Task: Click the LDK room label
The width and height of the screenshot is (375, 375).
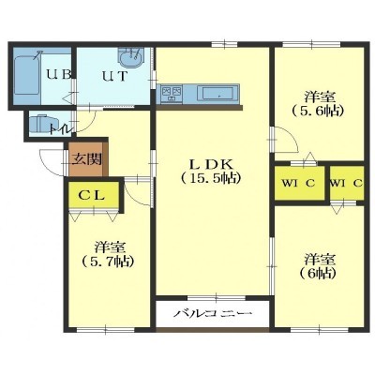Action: pyautogui.click(x=212, y=164)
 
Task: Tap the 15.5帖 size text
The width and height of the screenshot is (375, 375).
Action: pyautogui.click(x=211, y=178)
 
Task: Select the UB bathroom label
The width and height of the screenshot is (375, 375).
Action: pyautogui.click(x=59, y=74)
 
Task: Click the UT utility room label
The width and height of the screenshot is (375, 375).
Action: pyautogui.click(x=115, y=76)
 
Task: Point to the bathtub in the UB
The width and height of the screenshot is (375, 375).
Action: pyautogui.click(x=26, y=76)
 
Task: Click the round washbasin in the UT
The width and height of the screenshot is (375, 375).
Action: pyautogui.click(x=130, y=58)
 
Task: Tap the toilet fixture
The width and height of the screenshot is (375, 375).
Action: pyautogui.click(x=43, y=124)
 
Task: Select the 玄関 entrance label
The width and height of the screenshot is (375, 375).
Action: pyautogui.click(x=87, y=159)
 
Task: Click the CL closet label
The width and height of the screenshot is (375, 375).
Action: pyautogui.click(x=91, y=196)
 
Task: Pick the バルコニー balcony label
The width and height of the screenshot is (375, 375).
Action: pyautogui.click(x=213, y=313)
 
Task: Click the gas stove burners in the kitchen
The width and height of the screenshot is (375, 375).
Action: pyautogui.click(x=172, y=93)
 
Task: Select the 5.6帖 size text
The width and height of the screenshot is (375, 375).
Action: pyautogui.click(x=318, y=111)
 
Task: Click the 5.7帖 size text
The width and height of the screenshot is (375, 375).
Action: pyautogui.click(x=108, y=262)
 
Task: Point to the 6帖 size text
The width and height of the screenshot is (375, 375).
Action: pyautogui.click(x=318, y=274)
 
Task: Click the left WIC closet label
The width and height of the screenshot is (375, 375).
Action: pyautogui.click(x=299, y=183)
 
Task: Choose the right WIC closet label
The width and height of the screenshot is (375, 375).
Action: pyautogui.click(x=347, y=183)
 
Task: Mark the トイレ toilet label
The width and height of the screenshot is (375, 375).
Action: pyautogui.click(x=61, y=129)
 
